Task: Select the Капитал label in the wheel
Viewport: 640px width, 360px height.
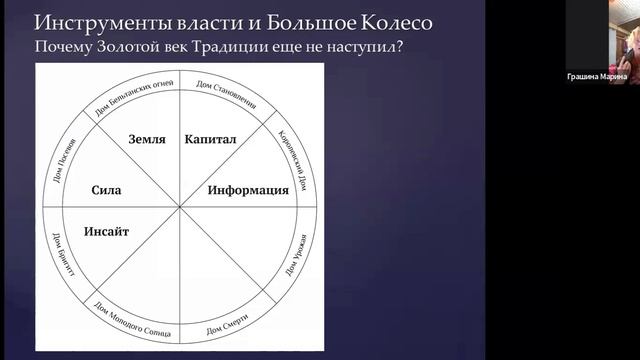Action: (x=210, y=141)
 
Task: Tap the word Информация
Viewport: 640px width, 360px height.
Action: (x=248, y=189)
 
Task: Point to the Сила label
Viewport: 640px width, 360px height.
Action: (x=106, y=189)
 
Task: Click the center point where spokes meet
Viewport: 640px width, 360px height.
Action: (x=180, y=208)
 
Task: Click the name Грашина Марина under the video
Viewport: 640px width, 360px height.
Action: (x=610, y=77)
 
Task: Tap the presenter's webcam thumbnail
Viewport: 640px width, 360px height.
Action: (x=609, y=35)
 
